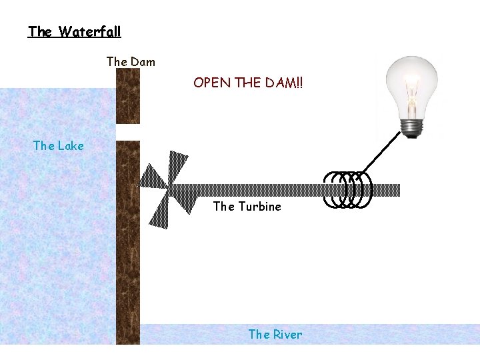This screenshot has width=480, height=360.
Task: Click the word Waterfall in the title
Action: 89,31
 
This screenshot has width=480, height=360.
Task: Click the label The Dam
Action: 131,62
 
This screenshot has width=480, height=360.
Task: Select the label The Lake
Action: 59,146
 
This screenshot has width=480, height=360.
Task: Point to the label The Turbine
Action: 247,207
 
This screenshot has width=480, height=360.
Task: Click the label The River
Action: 275,335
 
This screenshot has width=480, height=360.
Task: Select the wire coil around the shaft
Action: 347,190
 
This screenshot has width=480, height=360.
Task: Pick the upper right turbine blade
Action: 178,167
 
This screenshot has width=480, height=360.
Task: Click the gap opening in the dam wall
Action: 127,132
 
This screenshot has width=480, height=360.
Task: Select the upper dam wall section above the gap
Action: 127,97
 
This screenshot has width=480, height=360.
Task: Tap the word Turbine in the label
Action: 259,207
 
